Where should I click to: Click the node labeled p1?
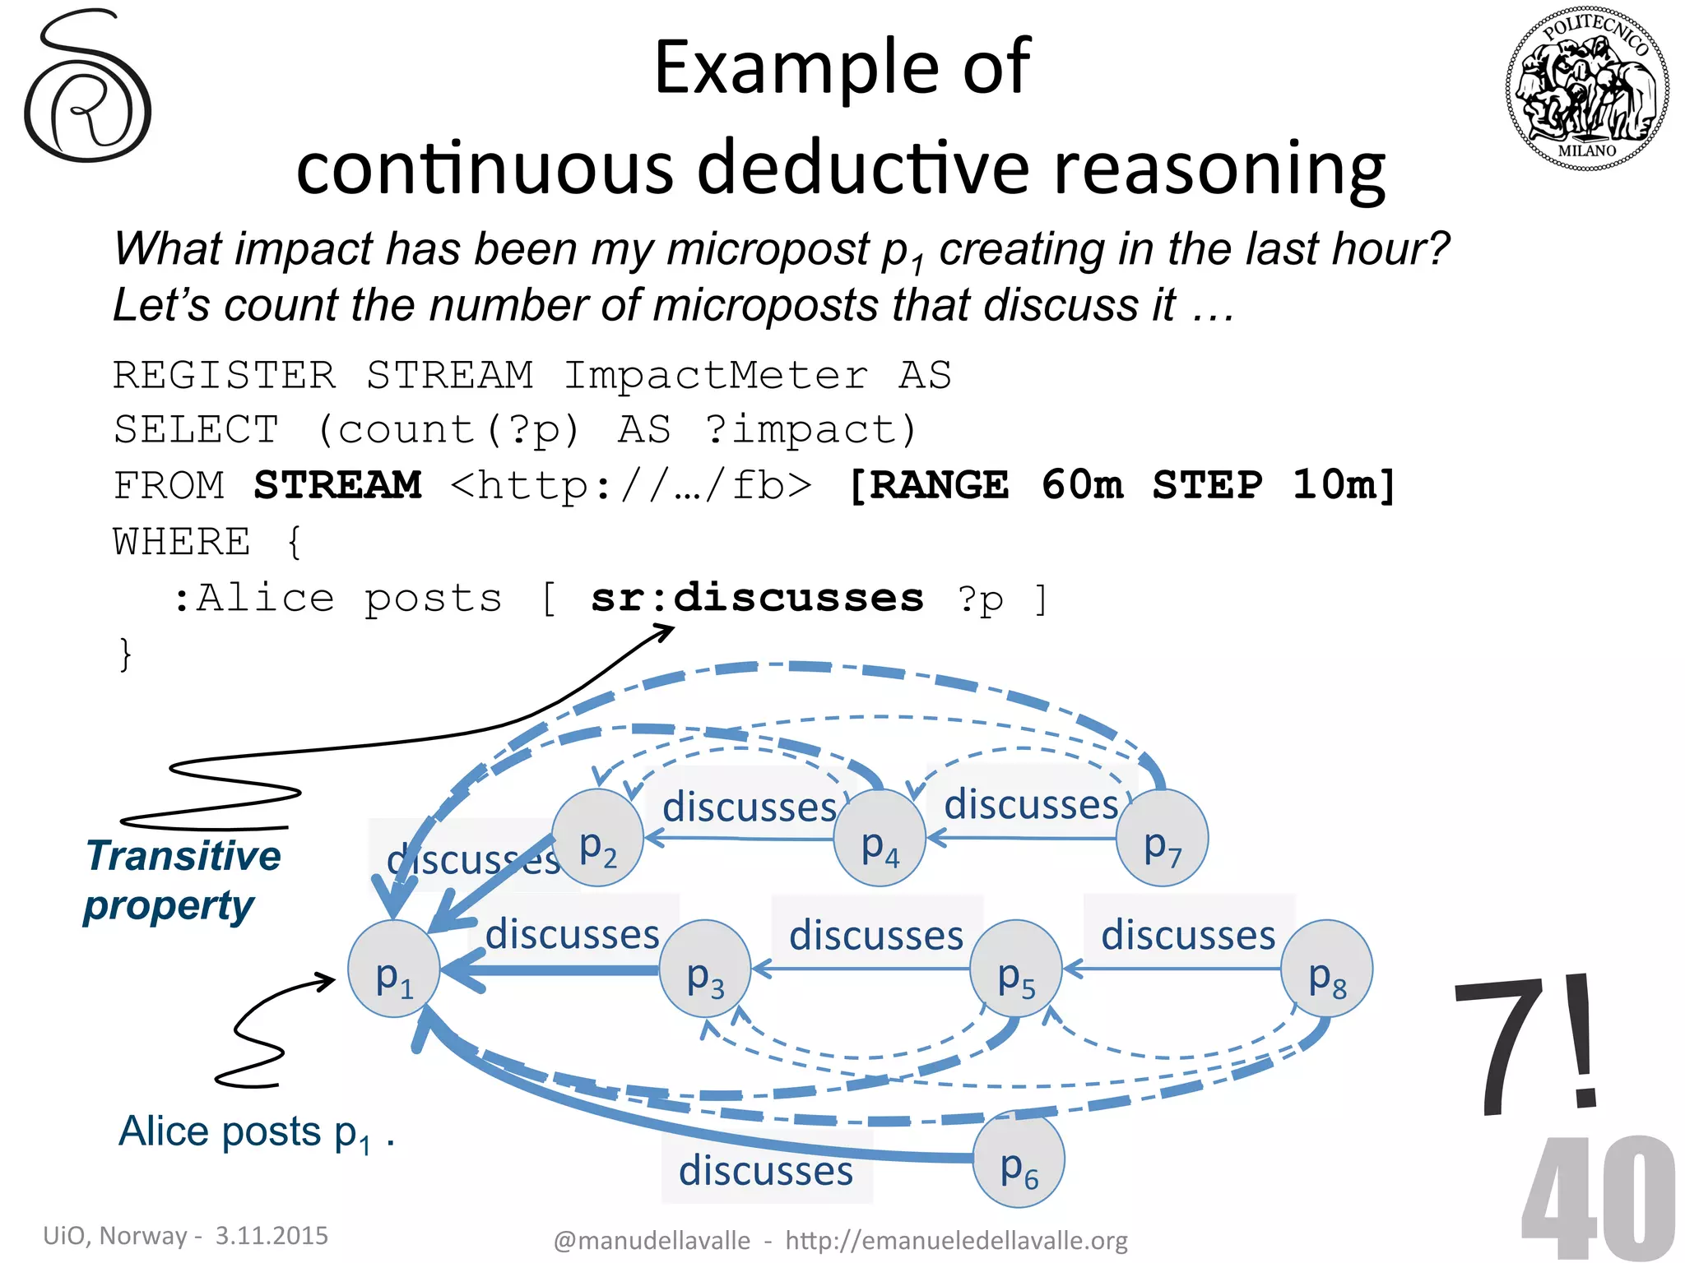coord(394,969)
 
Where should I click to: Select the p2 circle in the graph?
coord(597,838)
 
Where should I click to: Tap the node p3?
coord(706,969)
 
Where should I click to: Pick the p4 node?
coord(880,838)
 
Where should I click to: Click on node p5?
coord(1016,969)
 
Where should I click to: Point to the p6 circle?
coord(1019,1159)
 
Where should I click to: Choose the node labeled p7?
coord(1162,838)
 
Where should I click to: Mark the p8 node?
coord(1327,969)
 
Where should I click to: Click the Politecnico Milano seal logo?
coord(1587,88)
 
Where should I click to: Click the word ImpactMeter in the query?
coord(715,375)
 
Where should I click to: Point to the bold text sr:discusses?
coord(757,598)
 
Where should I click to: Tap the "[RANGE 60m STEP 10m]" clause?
coord(1122,485)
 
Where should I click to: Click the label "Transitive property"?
coord(182,881)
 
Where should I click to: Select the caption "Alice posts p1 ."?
coord(256,1132)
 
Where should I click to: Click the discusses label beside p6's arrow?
coord(766,1169)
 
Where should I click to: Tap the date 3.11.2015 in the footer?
coord(272,1235)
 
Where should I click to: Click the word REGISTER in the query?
coord(225,375)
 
